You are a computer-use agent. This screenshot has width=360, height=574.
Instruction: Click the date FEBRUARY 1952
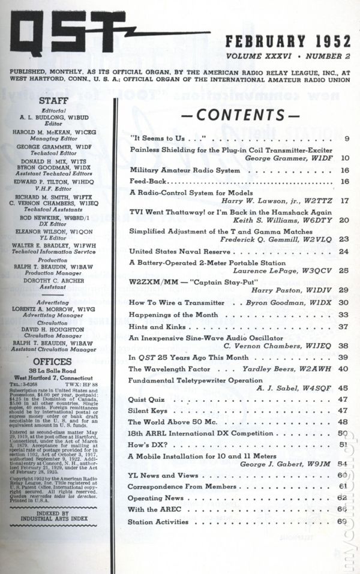click(x=287, y=42)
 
